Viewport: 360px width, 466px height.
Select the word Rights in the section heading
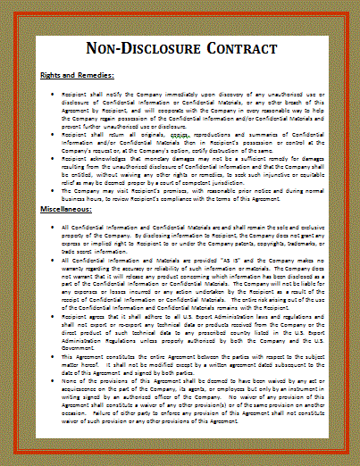pos(52,77)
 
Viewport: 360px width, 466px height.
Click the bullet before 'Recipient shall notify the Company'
pos(54,92)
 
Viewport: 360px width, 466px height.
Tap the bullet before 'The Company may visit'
pos(54,192)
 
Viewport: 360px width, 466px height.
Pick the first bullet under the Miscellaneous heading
pos(54,228)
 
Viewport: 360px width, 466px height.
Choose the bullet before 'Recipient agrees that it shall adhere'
pos(54,315)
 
